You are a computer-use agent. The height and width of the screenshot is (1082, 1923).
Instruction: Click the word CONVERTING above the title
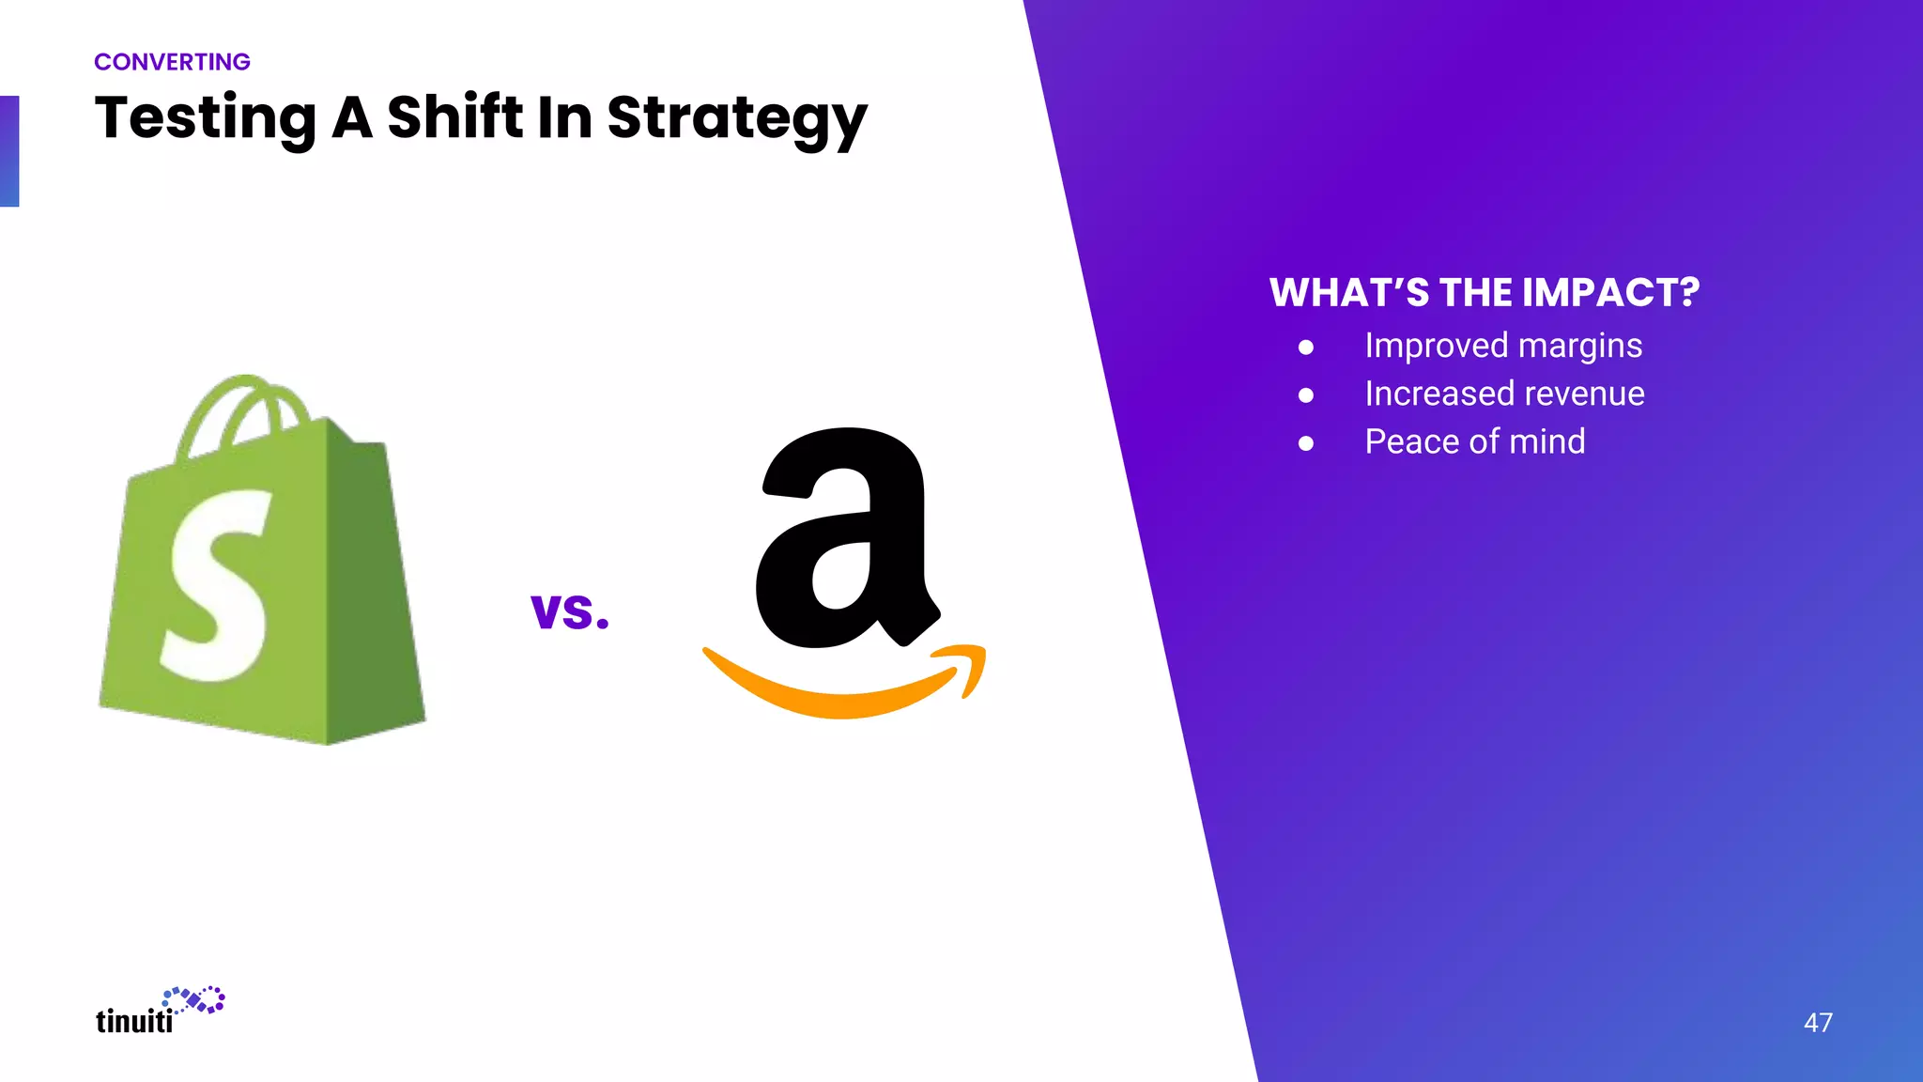click(172, 62)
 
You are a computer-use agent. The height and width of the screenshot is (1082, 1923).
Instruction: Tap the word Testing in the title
click(206, 119)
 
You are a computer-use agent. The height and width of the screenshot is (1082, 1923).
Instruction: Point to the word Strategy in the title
click(736, 120)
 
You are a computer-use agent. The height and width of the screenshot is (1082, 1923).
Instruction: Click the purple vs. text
click(570, 611)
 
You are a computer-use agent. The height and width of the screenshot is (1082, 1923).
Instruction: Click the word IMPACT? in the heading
click(1610, 293)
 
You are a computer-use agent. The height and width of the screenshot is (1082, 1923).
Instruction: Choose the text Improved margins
click(1503, 346)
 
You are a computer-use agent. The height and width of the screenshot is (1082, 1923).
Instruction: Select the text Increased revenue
click(1504, 394)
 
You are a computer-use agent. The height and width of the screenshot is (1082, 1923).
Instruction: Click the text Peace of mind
click(1474, 441)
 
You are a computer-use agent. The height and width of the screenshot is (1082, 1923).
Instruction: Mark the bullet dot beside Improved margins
click(1306, 348)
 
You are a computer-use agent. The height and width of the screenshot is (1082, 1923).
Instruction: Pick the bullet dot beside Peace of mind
click(1306, 443)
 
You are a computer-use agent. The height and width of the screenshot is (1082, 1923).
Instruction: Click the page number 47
click(1818, 1023)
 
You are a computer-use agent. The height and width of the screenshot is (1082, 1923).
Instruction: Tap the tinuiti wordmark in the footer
click(134, 1021)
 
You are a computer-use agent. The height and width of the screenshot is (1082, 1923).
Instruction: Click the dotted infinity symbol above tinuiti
click(194, 1000)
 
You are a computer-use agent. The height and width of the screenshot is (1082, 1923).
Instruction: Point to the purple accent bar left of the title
click(9, 151)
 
